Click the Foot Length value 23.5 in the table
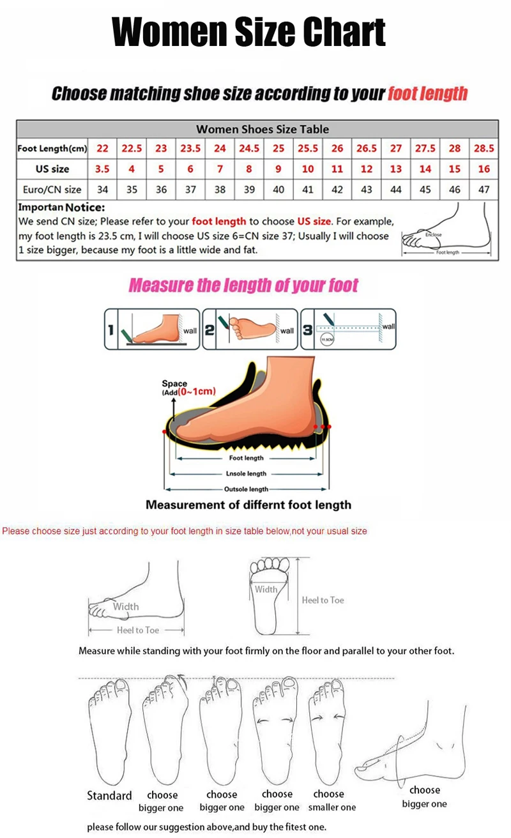190,148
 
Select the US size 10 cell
308,169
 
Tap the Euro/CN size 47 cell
484,189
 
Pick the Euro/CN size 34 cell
102,189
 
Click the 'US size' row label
52,169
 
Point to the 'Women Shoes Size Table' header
263,129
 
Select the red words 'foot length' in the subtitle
427,93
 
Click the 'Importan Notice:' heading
61,208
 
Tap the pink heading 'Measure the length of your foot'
243,285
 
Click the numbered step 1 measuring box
152,329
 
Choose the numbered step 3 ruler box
348,329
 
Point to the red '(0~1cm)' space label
197,391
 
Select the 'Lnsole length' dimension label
247,473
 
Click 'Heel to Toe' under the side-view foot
137,630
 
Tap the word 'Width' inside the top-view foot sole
266,589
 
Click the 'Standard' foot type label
109,795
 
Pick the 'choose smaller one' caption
332,800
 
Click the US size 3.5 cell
102,169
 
